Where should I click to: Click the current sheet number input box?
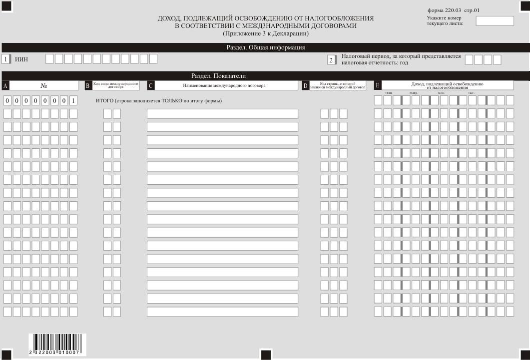pos(495,21)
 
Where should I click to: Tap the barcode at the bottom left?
pos(57,345)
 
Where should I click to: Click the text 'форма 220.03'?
pos(444,10)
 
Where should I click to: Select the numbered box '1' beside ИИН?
pos(5,59)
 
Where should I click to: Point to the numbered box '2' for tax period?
pos(331,60)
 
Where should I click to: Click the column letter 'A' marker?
pos(5,86)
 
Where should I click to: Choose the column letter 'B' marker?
pos(88,86)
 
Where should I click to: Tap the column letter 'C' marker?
pos(150,86)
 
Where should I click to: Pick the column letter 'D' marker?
pos(306,86)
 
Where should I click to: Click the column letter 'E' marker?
pos(377,85)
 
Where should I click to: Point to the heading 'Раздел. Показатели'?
pos(218,76)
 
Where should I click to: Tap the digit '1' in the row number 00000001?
pos(73,101)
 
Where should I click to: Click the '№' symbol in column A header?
pos(44,86)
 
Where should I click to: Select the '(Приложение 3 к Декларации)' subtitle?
pos(265,33)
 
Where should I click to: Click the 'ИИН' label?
pos(21,59)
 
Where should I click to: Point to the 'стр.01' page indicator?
pos(472,10)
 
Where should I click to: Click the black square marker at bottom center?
pos(266,355)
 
